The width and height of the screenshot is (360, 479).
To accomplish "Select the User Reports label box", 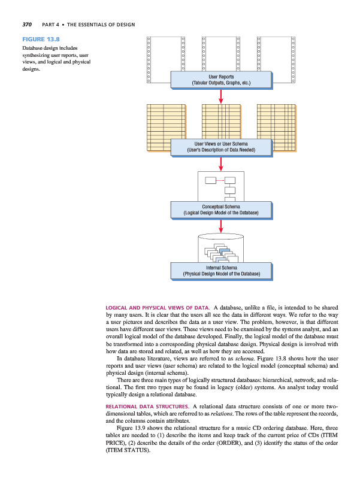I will (x=221, y=80).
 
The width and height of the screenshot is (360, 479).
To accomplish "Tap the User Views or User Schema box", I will (x=221, y=147).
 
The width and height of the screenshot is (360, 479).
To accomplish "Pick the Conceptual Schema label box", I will (x=221, y=210).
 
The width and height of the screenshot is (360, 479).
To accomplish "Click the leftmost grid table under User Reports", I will (x=165, y=126).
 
